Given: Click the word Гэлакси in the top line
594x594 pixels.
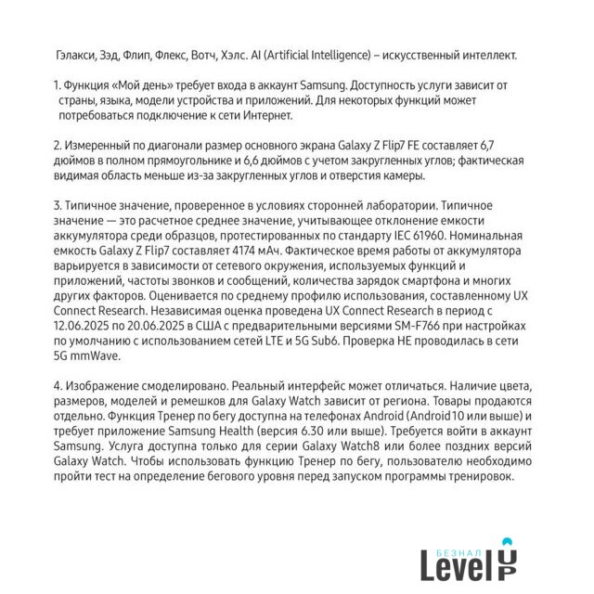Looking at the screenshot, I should [x=76, y=56].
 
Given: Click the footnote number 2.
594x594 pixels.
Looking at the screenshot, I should [x=58, y=146].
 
